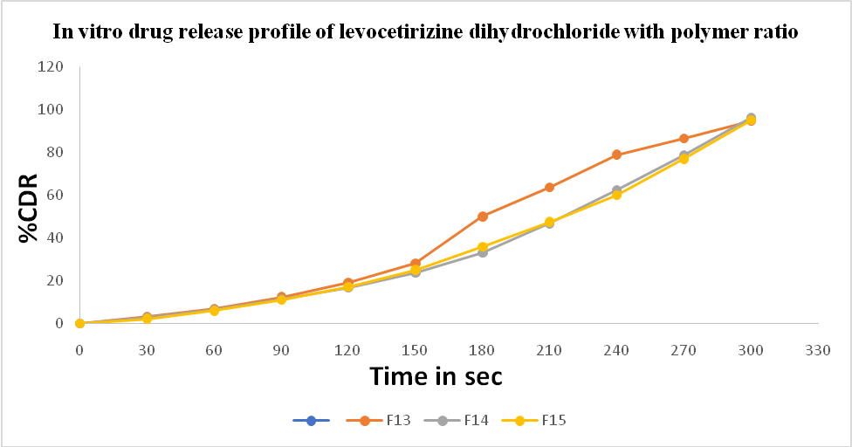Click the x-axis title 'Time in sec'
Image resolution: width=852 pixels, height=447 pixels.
pyautogui.click(x=436, y=376)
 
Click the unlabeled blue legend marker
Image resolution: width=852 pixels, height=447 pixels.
pyautogui.click(x=312, y=421)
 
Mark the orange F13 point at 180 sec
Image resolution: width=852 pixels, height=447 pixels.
pyautogui.click(x=482, y=217)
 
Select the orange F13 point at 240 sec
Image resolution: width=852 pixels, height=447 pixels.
pyautogui.click(x=616, y=155)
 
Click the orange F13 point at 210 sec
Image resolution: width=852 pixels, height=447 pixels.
pyautogui.click(x=549, y=188)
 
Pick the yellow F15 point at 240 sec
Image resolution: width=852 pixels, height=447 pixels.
pyautogui.click(x=616, y=195)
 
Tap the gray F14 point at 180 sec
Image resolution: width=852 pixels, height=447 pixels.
pyautogui.click(x=482, y=252)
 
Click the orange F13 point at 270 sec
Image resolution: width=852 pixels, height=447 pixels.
pyautogui.click(x=684, y=139)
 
